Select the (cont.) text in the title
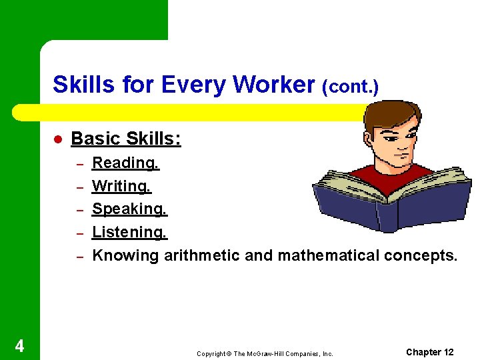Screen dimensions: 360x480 pos(350,87)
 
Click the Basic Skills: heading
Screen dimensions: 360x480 pos(126,139)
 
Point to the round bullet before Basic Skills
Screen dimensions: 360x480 pos(57,139)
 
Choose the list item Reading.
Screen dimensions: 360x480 pos(125,163)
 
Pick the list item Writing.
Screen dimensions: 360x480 pos(121,186)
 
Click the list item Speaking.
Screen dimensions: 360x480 pos(129,209)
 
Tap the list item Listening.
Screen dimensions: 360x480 pos(129,233)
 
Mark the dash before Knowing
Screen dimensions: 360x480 pos(78,257)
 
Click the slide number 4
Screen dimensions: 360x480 pos(20,345)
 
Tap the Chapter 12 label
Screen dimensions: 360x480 pos(430,352)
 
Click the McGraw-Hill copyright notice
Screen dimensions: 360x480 pos(265,353)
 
